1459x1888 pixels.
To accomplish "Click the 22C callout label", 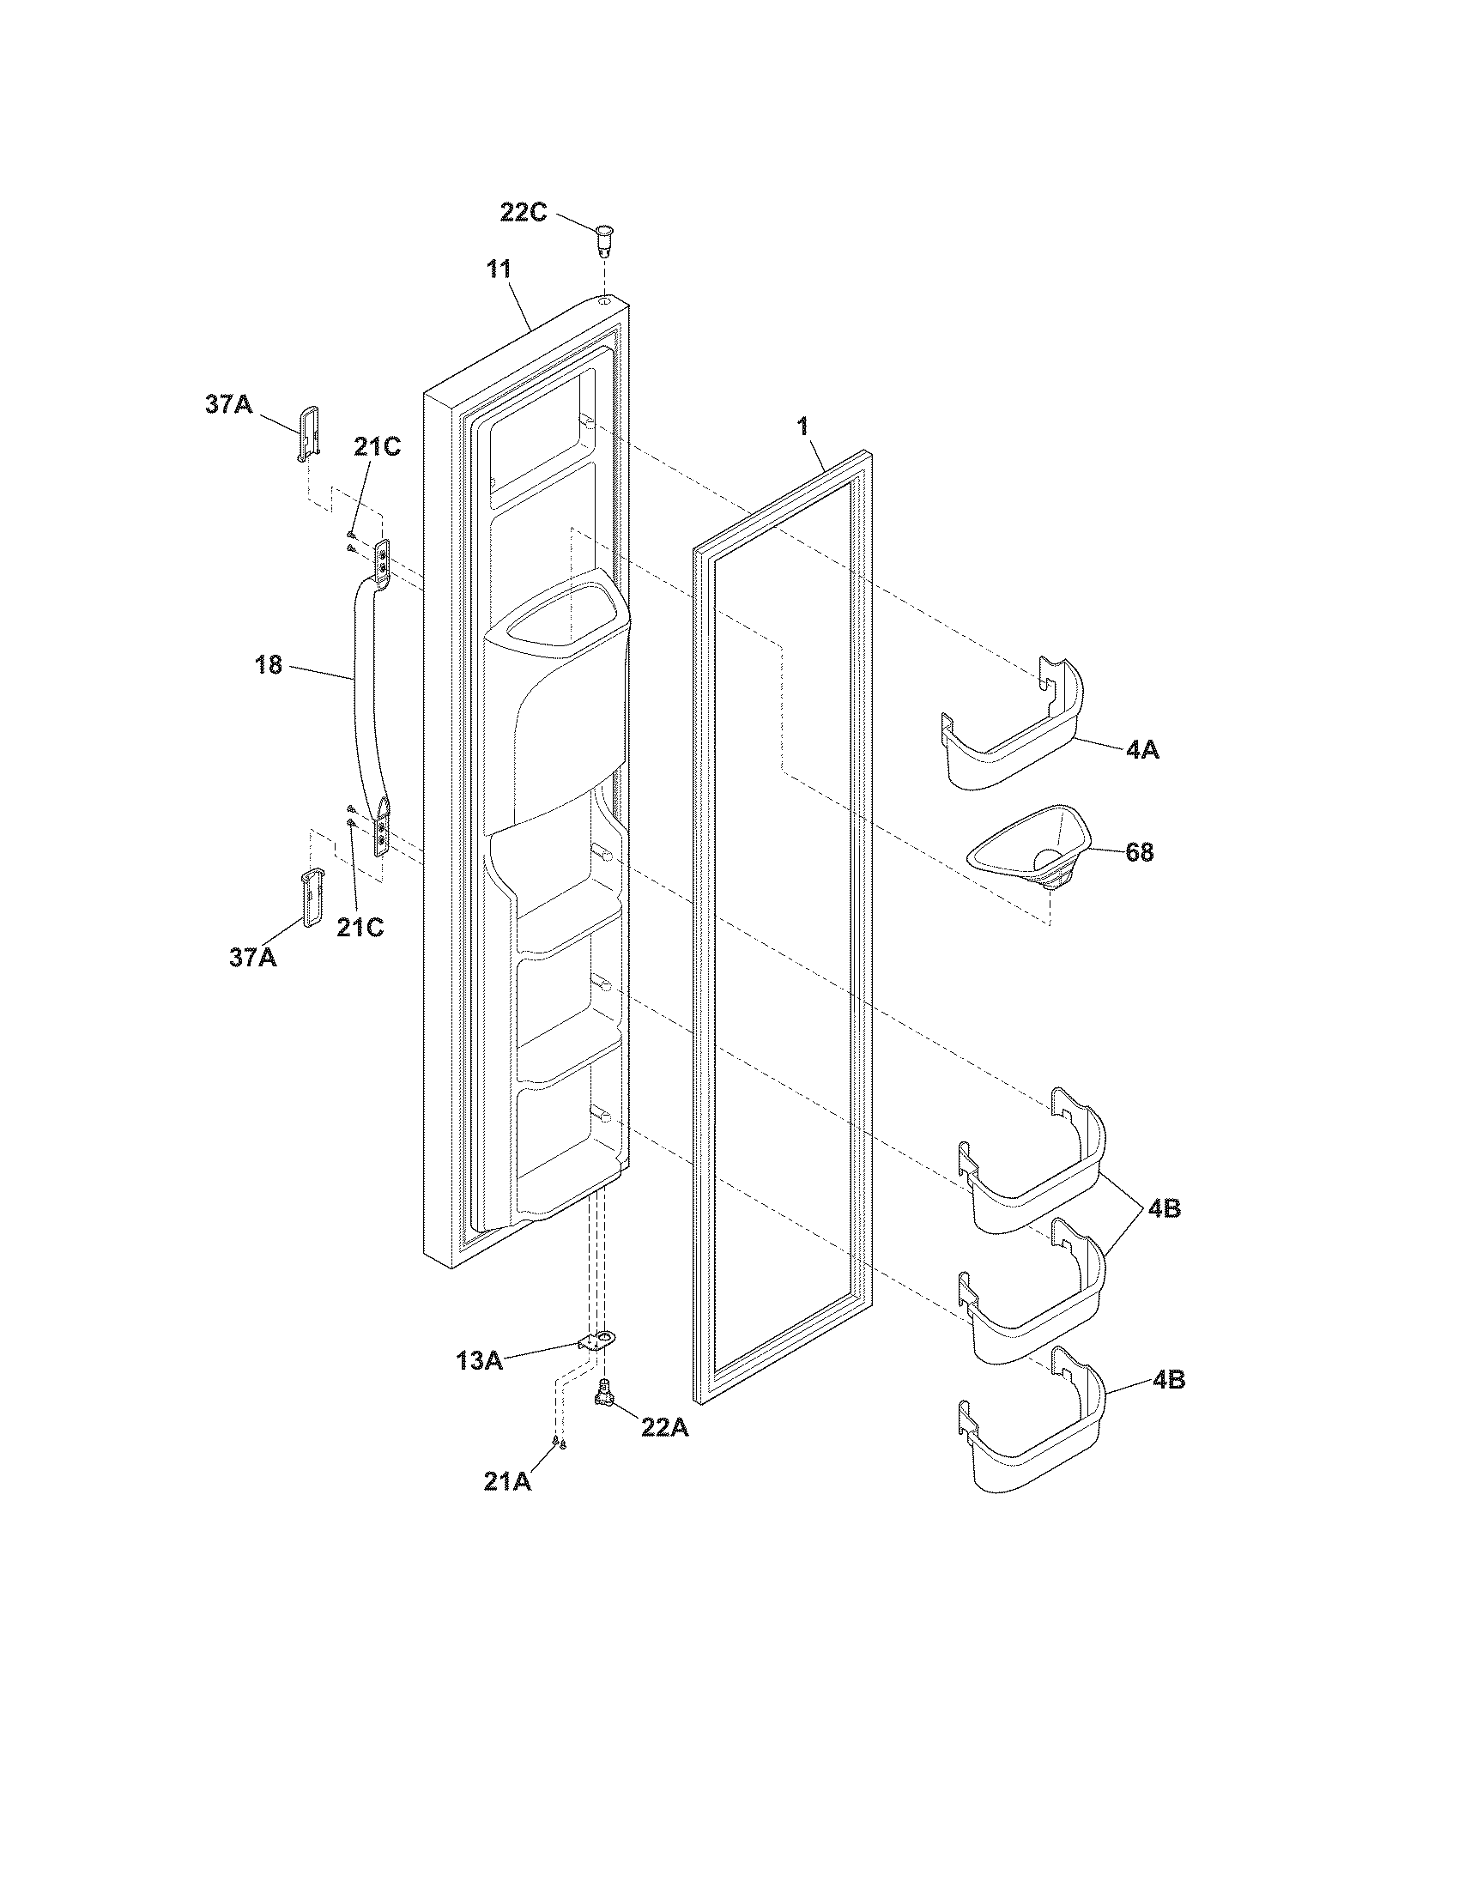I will pos(524,212).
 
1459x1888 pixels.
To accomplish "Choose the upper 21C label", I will pos(377,448).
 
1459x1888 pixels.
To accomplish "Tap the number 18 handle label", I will pos(269,665).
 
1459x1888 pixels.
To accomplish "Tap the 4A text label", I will pos(1142,750).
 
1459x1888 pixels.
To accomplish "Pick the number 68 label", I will pos(1139,852).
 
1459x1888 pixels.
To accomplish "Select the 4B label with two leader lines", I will pos(1165,1208).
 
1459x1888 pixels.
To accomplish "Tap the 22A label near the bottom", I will pos(664,1428).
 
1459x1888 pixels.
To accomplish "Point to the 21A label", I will pos(507,1482).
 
